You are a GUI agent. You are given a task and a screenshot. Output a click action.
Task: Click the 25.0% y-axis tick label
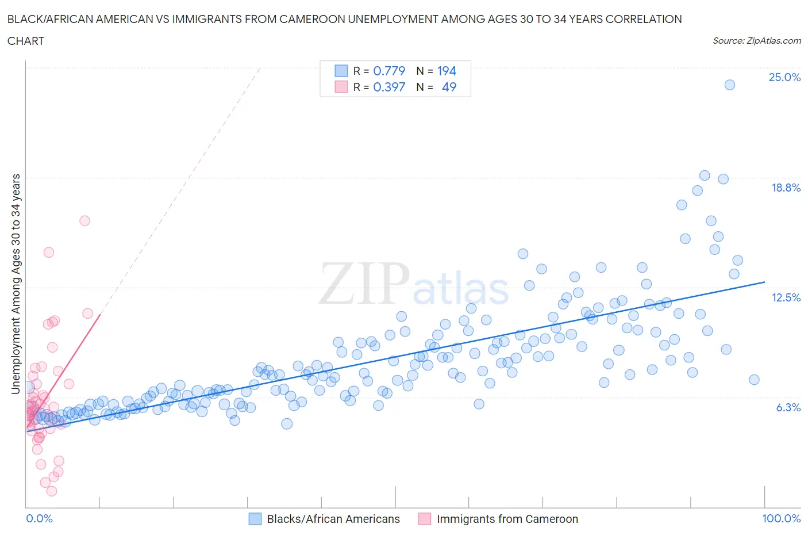click(x=784, y=77)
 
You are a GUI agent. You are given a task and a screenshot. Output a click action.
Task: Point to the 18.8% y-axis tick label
click(x=786, y=188)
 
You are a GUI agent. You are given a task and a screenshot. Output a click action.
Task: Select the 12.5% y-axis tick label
click(x=786, y=297)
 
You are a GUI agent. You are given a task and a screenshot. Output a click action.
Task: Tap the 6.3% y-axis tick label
click(x=788, y=407)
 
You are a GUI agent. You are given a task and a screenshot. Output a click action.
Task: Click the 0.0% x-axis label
click(x=39, y=518)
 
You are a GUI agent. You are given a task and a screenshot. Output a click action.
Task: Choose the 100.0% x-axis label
click(x=781, y=518)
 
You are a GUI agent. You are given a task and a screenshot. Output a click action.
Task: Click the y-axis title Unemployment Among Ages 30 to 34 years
click(x=16, y=284)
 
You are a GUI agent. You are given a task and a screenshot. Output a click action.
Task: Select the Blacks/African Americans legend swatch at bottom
click(x=255, y=519)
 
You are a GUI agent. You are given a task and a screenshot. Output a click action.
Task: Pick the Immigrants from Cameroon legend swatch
click(x=425, y=519)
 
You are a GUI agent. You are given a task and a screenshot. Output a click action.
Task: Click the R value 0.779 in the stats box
click(x=389, y=71)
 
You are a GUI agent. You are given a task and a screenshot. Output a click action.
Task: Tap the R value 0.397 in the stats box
click(x=389, y=87)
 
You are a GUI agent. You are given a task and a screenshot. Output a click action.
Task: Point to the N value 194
click(x=447, y=71)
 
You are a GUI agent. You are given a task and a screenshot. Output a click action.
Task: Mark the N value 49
click(x=449, y=87)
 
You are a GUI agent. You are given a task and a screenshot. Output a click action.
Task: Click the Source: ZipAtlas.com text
click(x=756, y=40)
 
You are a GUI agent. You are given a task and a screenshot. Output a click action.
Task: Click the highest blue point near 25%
click(x=729, y=85)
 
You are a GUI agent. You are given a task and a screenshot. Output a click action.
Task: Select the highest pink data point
click(x=84, y=220)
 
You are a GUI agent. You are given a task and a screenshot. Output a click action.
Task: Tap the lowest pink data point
click(x=52, y=491)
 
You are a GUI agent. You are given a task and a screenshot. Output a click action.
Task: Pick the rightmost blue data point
click(x=754, y=379)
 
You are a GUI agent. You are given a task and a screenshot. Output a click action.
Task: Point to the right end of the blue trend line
click(x=764, y=282)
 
